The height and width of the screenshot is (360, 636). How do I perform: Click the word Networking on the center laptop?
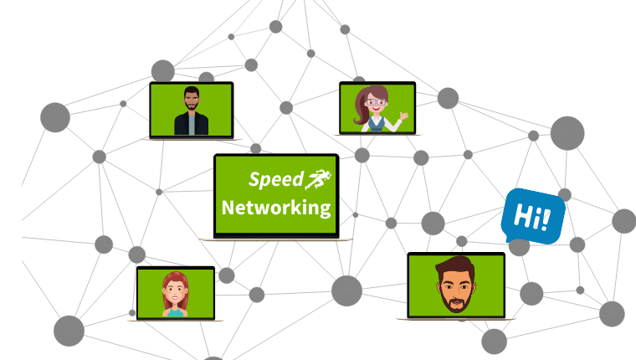[x=275, y=208]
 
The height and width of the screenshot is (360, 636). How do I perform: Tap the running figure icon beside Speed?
[x=318, y=177]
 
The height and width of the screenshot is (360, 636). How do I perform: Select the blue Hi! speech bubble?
[x=533, y=216]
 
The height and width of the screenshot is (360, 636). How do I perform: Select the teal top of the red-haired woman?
[x=176, y=312]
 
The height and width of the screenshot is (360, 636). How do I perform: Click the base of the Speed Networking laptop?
[x=275, y=239]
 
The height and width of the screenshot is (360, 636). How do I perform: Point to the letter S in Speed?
[x=253, y=178]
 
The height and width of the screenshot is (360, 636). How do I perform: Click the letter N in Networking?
[x=228, y=208]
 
